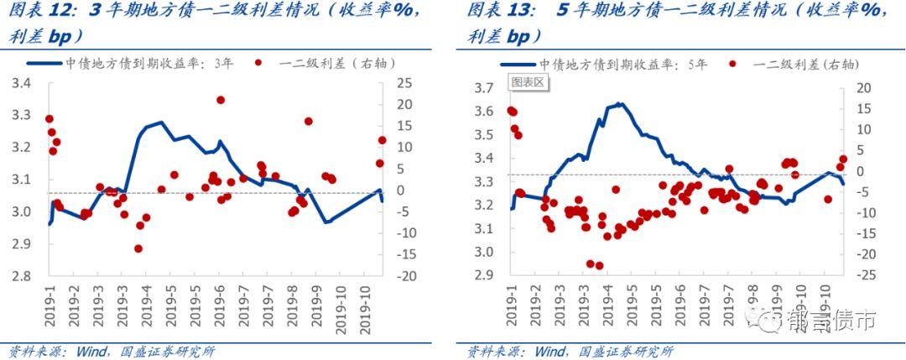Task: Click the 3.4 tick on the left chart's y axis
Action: coord(19,84)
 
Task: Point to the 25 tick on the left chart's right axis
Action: coord(405,83)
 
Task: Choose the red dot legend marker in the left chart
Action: coord(260,63)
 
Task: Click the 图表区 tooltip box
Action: coord(528,82)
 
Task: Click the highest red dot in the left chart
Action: coord(221,100)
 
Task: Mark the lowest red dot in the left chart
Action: coord(138,248)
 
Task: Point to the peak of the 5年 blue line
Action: coord(619,104)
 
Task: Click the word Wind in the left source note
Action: coord(89,351)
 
